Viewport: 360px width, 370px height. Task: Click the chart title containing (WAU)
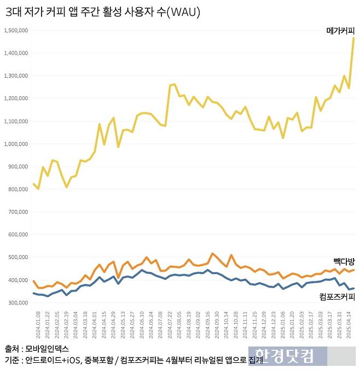tap(102, 12)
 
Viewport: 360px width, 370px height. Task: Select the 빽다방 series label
tap(344, 261)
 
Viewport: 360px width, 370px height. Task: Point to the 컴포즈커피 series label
tap(337, 297)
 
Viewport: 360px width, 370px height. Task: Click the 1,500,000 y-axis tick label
tap(16, 31)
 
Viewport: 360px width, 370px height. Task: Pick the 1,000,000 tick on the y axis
tap(16, 144)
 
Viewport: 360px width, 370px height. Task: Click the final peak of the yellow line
tap(353, 38)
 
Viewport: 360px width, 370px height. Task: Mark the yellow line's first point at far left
tap(33, 184)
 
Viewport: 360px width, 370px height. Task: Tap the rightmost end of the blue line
tap(353, 288)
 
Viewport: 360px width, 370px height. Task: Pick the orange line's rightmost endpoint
tap(353, 269)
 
